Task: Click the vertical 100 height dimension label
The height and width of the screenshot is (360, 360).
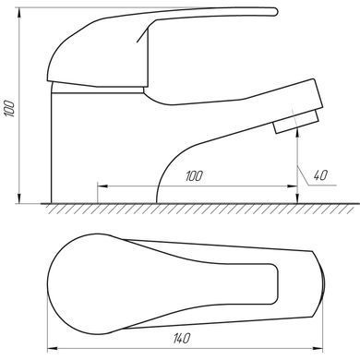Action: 9,108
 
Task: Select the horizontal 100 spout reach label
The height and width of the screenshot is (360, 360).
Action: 194,176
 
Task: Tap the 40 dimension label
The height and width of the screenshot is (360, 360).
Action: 320,175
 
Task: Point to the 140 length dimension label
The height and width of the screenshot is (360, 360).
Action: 182,339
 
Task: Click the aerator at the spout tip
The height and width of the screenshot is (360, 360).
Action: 296,122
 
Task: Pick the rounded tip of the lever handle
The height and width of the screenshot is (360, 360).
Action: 275,12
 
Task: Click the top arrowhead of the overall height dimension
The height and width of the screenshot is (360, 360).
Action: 19,13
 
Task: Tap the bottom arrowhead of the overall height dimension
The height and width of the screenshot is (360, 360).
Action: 19,198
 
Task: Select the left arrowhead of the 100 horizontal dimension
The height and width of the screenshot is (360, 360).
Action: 102,186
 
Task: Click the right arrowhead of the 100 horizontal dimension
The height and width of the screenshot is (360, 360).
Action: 292,186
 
